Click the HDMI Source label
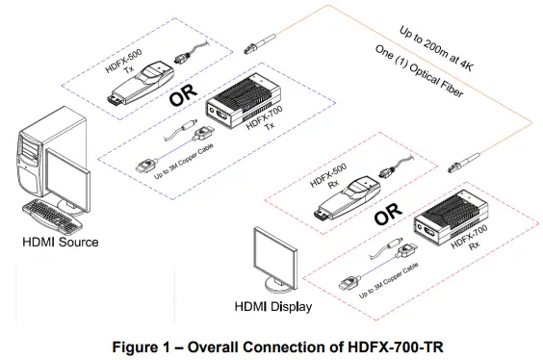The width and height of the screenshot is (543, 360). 60,242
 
